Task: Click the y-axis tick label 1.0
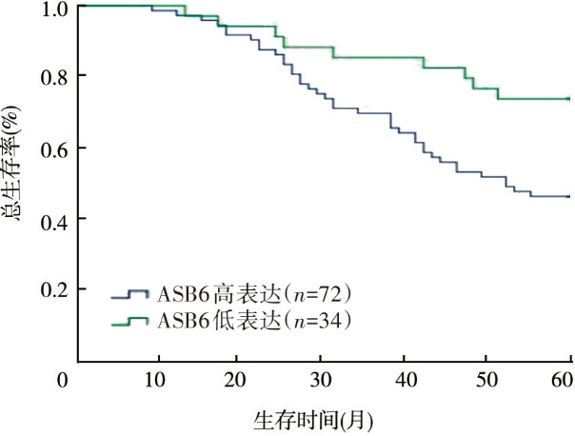pos(55,9)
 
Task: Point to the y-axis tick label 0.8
pos(55,75)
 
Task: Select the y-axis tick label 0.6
pos(55,148)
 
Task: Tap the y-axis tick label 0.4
pos(55,219)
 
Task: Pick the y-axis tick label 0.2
pos(55,288)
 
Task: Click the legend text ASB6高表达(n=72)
pos(255,293)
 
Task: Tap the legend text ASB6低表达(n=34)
pos(255,322)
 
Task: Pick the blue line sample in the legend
pos(129,294)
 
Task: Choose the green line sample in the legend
pos(129,323)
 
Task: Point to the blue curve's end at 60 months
pos(568,196)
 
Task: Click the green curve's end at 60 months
pos(568,98)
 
